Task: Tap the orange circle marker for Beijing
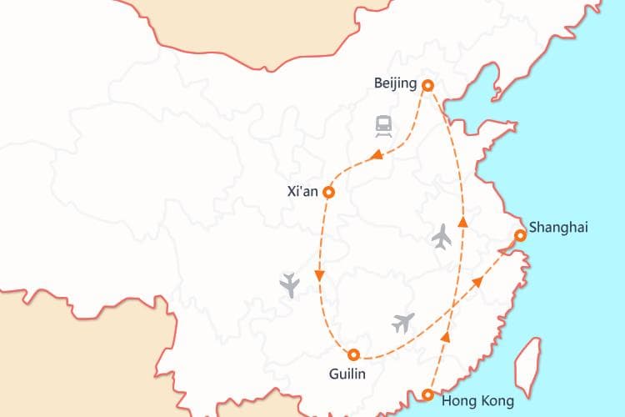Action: coord(427,85)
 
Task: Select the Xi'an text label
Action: coord(302,191)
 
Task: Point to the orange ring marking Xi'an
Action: coord(328,192)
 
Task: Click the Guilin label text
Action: coord(347,374)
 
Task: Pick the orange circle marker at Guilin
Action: coord(353,354)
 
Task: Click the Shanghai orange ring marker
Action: coord(519,236)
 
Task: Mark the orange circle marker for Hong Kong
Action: coord(427,395)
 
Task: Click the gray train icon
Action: coord(383,127)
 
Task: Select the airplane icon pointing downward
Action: coord(290,284)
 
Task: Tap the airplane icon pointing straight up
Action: coord(442,236)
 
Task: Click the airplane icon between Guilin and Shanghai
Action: coord(403,322)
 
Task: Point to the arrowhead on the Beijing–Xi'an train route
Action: coord(377,154)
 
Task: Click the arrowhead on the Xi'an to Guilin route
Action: coord(319,276)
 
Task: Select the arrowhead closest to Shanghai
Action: coord(479,282)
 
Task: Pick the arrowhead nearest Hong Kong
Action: coord(445,337)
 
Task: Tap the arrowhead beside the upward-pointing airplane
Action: coord(463,220)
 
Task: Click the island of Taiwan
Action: coord(527,367)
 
